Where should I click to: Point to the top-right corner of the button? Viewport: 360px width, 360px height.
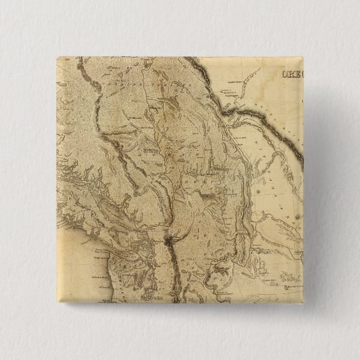coord(304,56)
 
